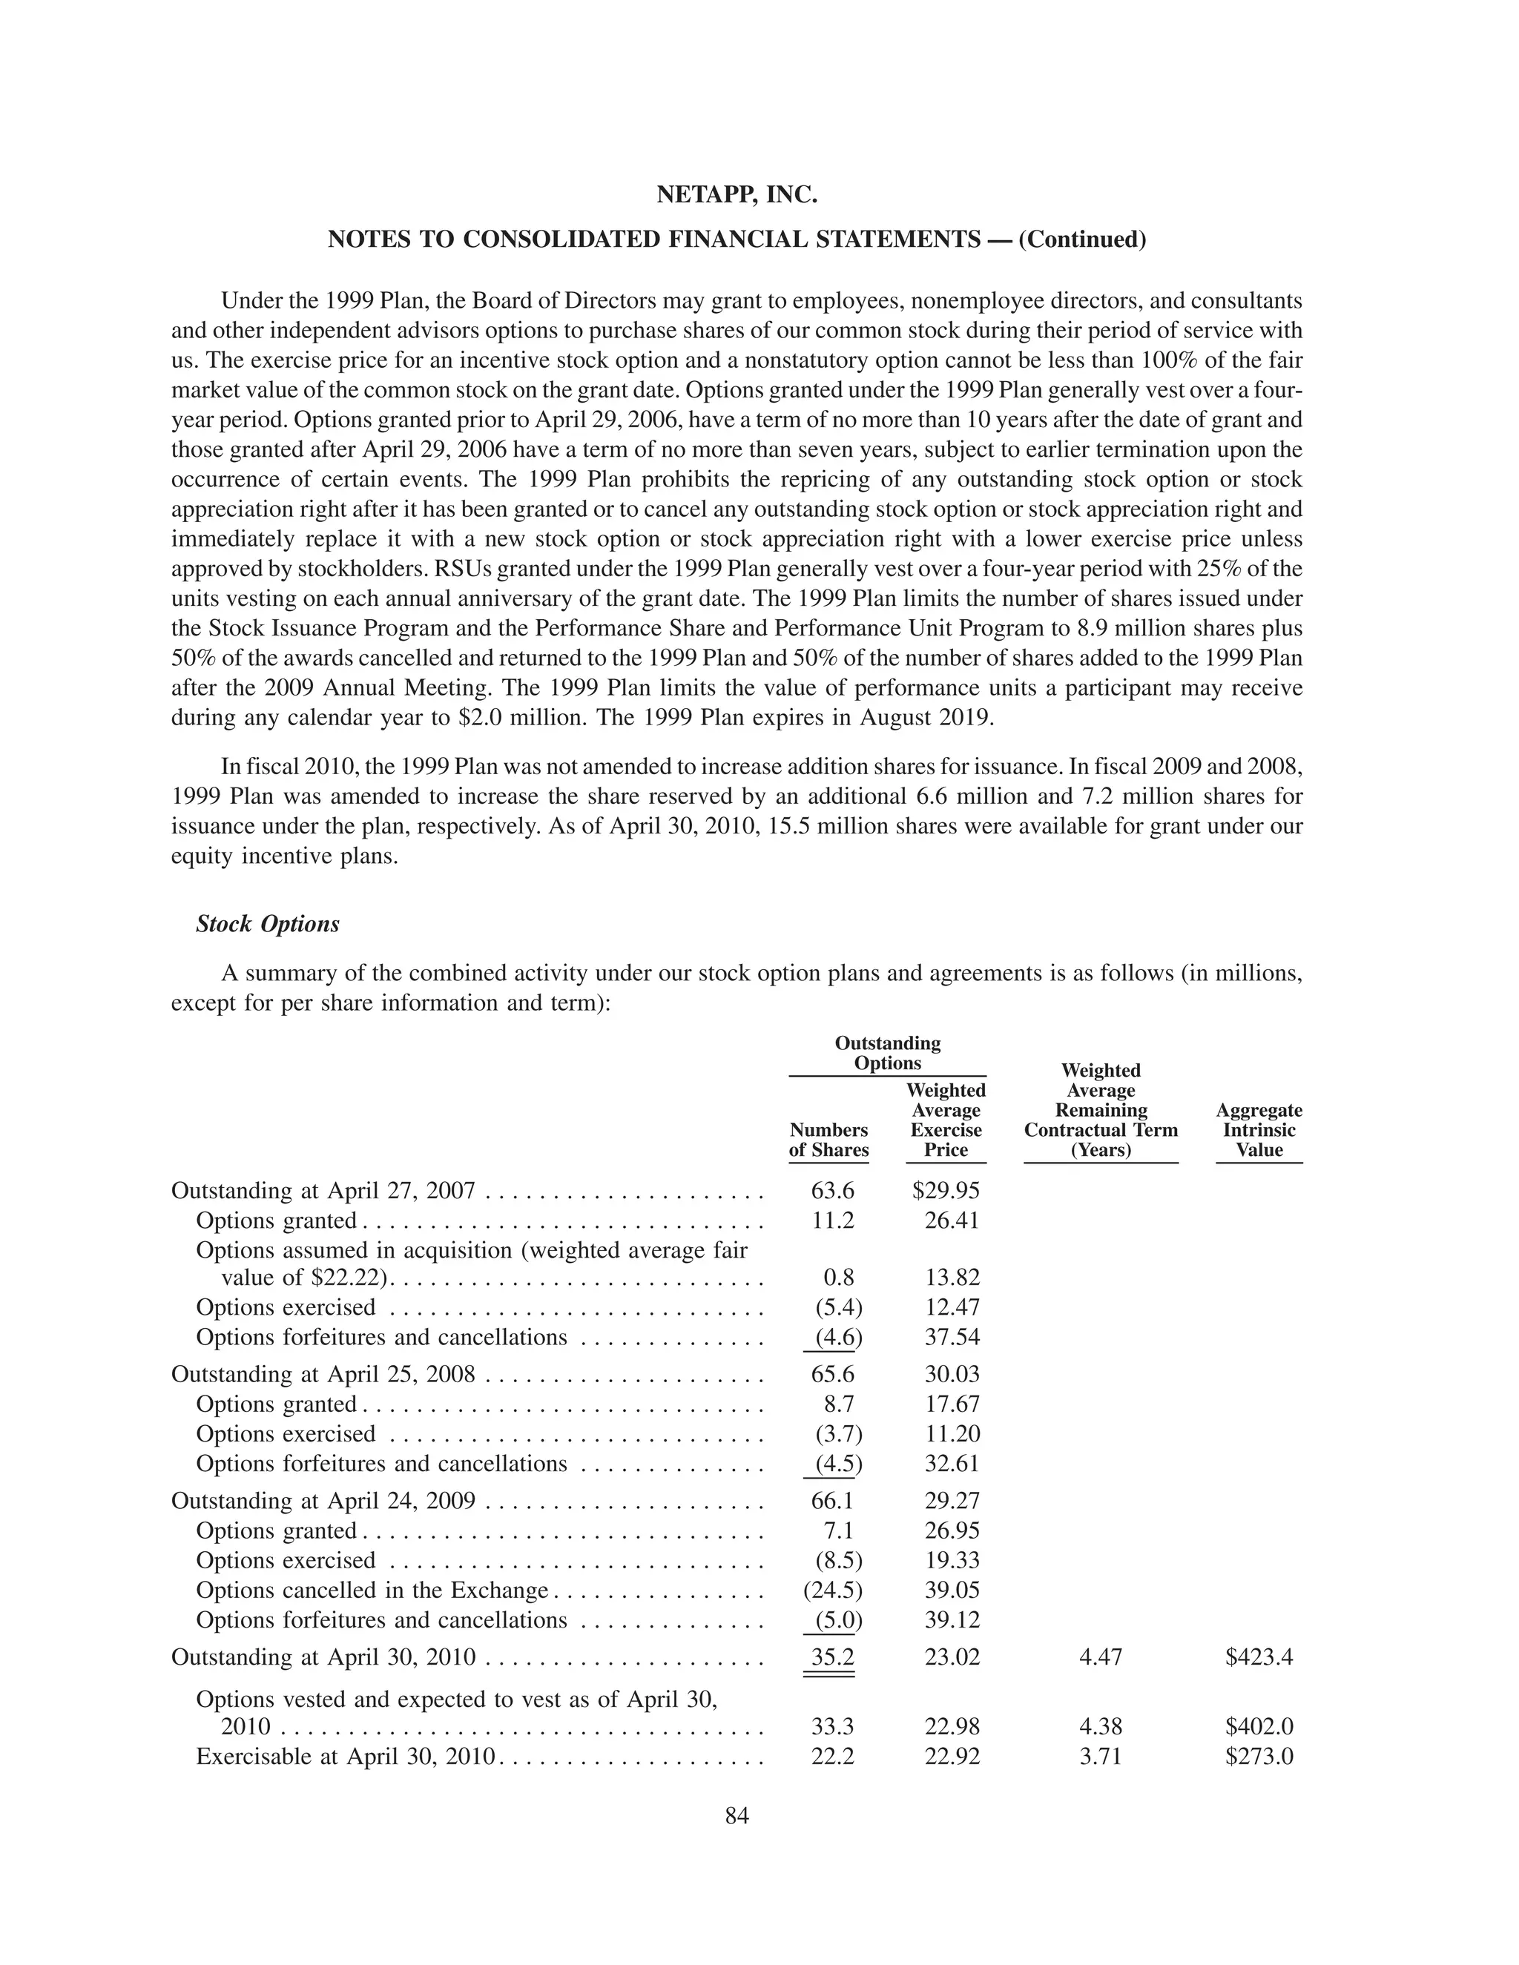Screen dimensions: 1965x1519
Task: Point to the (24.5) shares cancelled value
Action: pos(831,1590)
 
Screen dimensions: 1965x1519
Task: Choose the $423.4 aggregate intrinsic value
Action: pos(1258,1657)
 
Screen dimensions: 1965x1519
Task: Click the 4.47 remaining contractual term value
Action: pos(1100,1657)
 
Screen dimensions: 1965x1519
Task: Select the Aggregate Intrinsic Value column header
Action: pos(1258,1130)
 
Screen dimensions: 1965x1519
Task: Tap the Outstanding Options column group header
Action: pos(887,1053)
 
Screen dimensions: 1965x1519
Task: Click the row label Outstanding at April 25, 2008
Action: pos(323,1374)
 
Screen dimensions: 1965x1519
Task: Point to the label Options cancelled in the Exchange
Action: pos(372,1590)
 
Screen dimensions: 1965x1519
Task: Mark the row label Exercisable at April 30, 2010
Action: pos(346,1756)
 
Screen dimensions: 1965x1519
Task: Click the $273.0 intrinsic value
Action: pos(1258,1756)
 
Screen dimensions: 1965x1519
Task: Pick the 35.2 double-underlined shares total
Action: pos(831,1657)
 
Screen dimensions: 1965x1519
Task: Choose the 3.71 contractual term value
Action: pos(1100,1756)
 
